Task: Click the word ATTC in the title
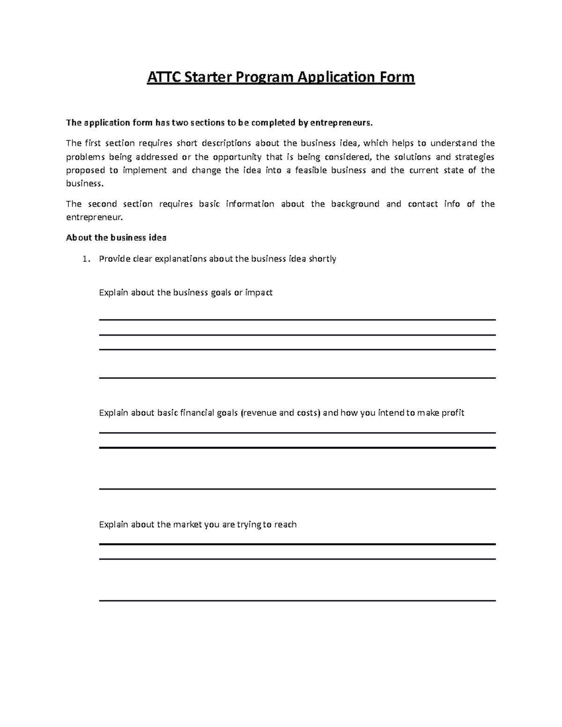click(164, 77)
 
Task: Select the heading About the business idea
click(116, 237)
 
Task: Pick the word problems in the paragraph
click(86, 157)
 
